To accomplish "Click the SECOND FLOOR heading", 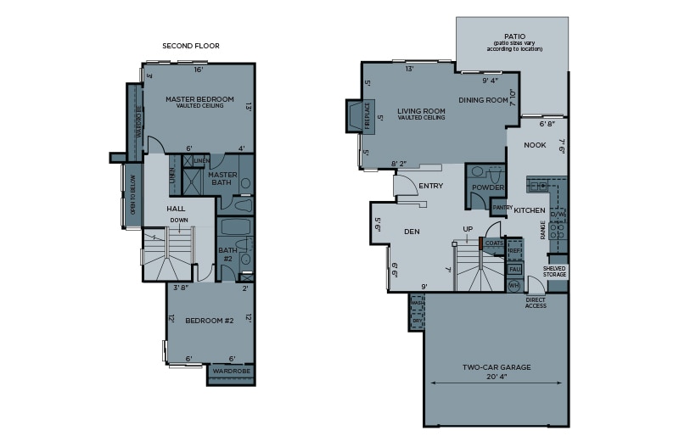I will [x=190, y=46].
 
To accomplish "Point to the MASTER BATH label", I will [x=222, y=178].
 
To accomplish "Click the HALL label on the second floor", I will [x=176, y=209].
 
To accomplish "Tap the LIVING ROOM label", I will [x=421, y=111].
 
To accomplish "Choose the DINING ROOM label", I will [x=483, y=100].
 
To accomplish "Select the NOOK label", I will [x=535, y=145].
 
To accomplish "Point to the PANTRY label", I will [x=502, y=206].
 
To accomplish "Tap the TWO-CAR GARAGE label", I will [x=497, y=367].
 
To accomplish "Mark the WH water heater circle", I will [x=513, y=286].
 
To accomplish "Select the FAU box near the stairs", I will [x=514, y=269].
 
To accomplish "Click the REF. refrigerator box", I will [x=514, y=251].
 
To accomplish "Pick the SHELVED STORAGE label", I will [x=555, y=271].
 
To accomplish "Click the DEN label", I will [x=412, y=231].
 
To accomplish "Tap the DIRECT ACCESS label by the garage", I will [x=535, y=303].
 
